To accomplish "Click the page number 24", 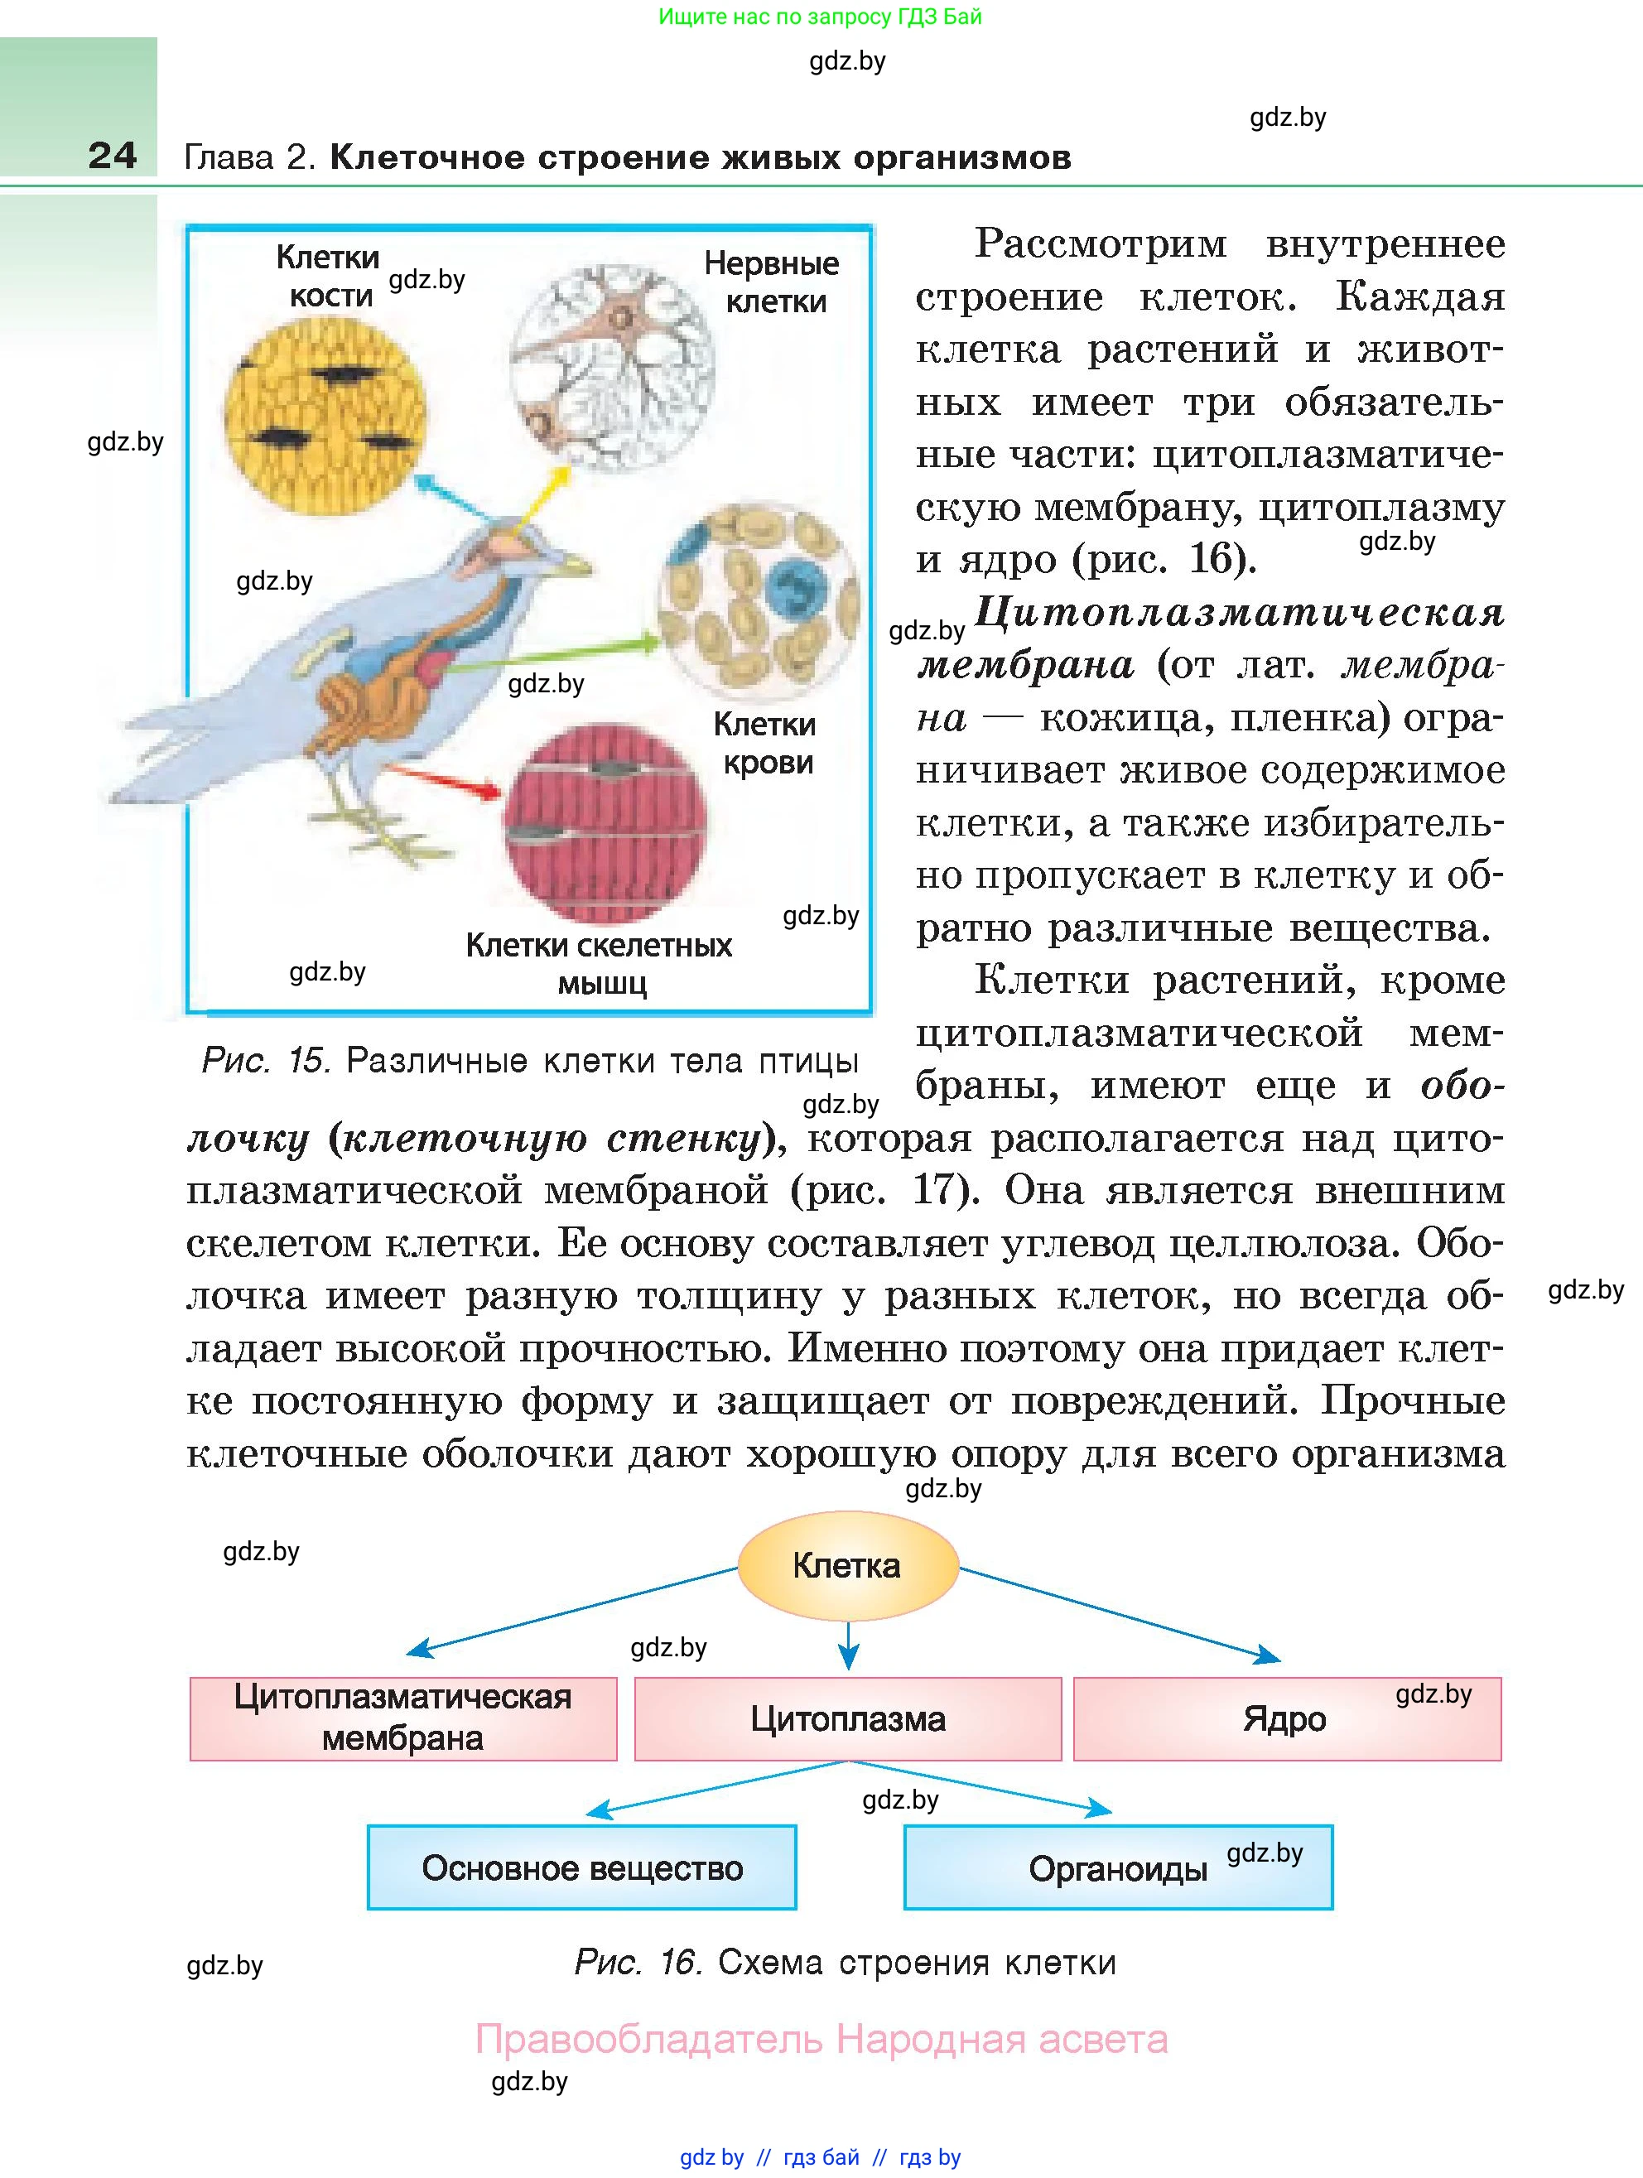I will point(113,156).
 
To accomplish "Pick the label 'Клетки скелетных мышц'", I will point(599,963).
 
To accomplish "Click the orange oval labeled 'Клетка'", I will point(848,1565).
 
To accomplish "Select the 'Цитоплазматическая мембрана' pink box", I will point(402,1718).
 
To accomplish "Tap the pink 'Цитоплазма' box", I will point(848,1718).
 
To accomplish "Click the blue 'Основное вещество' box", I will point(582,1867).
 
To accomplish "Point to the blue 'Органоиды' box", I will point(1117,1867).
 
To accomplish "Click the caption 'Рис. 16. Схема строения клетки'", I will point(845,1963).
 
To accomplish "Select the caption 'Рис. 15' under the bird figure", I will point(530,1061).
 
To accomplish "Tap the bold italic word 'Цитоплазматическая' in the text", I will point(1238,613).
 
